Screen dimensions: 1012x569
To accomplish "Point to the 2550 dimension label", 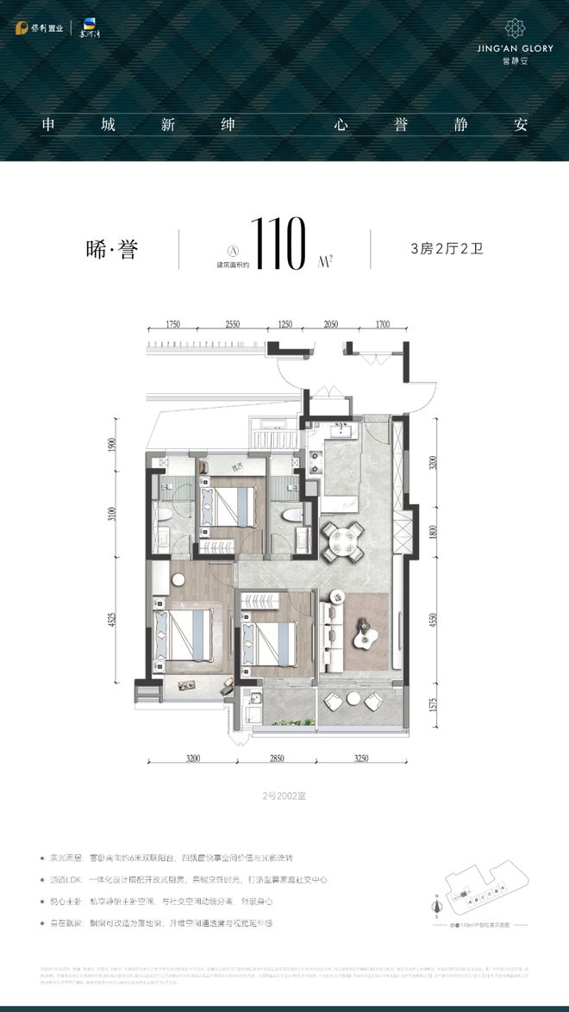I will pyautogui.click(x=232, y=325).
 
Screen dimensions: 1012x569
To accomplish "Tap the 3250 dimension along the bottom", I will pyautogui.click(x=360, y=759).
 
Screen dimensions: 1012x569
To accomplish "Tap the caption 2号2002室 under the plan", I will pyautogui.click(x=284, y=797).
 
